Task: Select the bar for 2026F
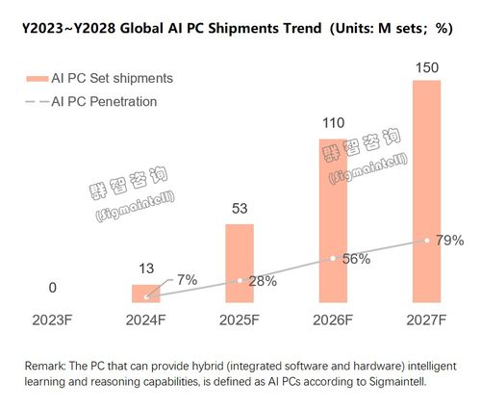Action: coord(333,221)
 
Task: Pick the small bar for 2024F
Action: coord(147,293)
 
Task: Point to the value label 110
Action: coord(333,124)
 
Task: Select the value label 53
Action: coord(240,209)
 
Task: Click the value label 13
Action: coord(147,268)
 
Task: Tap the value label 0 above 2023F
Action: coord(54,288)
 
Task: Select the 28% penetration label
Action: coord(261,281)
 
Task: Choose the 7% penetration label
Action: coord(186,279)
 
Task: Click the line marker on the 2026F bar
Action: coord(333,258)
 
